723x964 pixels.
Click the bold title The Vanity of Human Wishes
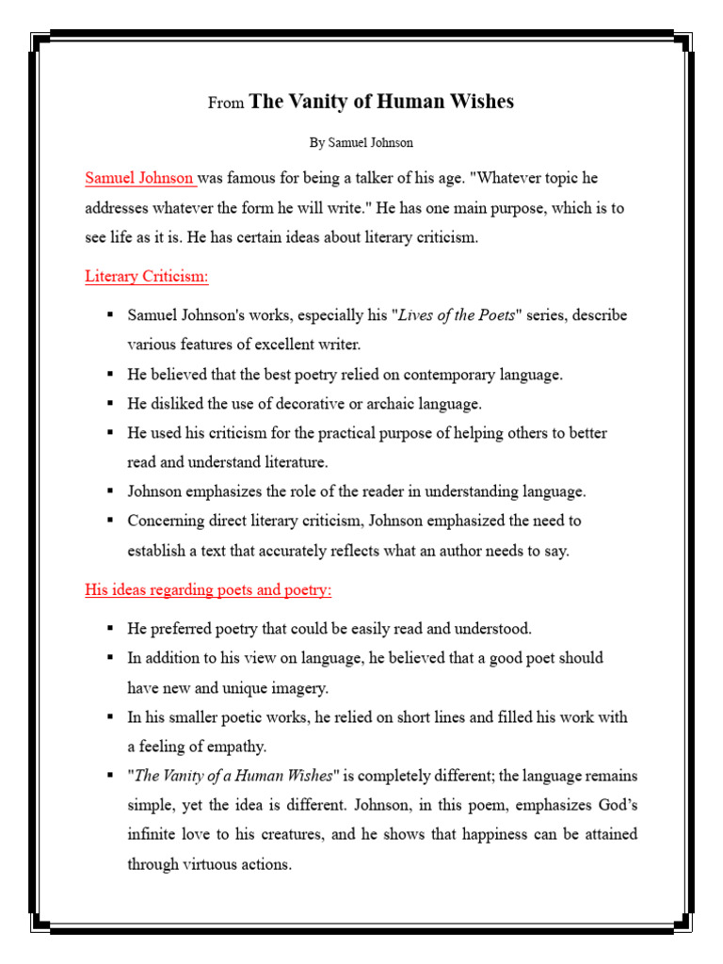(381, 102)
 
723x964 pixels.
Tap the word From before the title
(226, 104)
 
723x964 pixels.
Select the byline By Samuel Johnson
(361, 143)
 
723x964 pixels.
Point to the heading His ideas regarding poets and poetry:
(208, 590)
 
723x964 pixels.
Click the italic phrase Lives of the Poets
(458, 314)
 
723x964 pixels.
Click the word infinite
(154, 834)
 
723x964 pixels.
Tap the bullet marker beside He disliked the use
(110, 403)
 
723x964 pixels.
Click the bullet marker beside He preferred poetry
(110, 628)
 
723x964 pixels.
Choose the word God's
(615, 805)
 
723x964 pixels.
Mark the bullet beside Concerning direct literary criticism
(110, 521)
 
